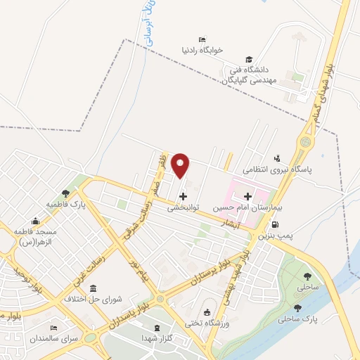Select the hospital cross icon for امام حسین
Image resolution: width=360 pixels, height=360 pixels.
tap(247, 196)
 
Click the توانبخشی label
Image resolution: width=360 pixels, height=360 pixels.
tap(184, 208)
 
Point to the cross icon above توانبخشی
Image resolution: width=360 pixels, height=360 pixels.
tap(184, 196)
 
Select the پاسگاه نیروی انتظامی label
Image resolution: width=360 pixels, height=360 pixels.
tap(276, 169)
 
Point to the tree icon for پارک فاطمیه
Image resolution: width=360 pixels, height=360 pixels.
tap(65, 192)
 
